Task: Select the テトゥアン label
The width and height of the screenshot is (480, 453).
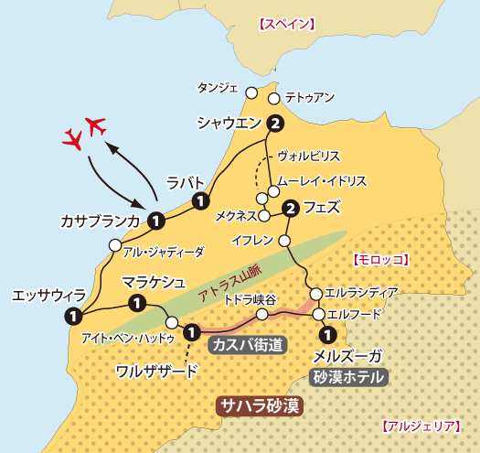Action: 310,96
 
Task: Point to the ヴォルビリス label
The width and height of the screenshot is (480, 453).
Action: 309,156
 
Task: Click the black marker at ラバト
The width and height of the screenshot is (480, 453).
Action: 199,201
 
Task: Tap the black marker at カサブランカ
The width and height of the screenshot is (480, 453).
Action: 156,220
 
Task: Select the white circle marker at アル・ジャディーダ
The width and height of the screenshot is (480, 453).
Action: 114,244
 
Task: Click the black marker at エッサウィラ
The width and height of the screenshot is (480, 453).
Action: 71,316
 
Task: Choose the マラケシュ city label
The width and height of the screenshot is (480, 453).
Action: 155,280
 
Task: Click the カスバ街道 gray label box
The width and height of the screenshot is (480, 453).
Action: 246,345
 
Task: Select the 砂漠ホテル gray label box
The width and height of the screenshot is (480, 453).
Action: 350,376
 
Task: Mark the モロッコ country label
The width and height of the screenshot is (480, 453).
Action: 380,260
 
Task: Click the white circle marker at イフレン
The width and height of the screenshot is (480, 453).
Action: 283,242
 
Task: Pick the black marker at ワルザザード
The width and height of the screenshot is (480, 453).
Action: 191,331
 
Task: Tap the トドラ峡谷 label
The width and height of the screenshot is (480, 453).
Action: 250,299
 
